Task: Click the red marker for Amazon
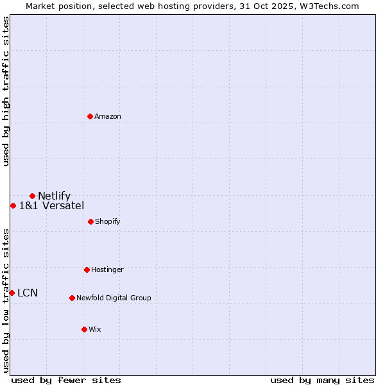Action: [90, 116]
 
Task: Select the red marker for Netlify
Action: [32, 196]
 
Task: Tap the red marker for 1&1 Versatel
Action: [13, 205]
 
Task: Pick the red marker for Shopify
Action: [90, 221]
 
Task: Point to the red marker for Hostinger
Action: [87, 269]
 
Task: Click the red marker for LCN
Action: [12, 293]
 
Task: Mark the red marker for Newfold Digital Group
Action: [72, 298]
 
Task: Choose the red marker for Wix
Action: [84, 329]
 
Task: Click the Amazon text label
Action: [108, 116]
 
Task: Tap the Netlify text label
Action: [54, 196]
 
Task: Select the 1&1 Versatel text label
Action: [51, 205]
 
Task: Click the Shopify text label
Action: [108, 221]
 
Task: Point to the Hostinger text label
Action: [107, 269]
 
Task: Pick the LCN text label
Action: [28, 293]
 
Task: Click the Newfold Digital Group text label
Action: [114, 298]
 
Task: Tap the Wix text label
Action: [95, 329]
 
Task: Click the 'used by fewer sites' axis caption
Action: [66, 380]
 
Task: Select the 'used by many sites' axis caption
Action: [322, 380]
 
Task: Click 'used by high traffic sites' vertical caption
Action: [6, 91]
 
